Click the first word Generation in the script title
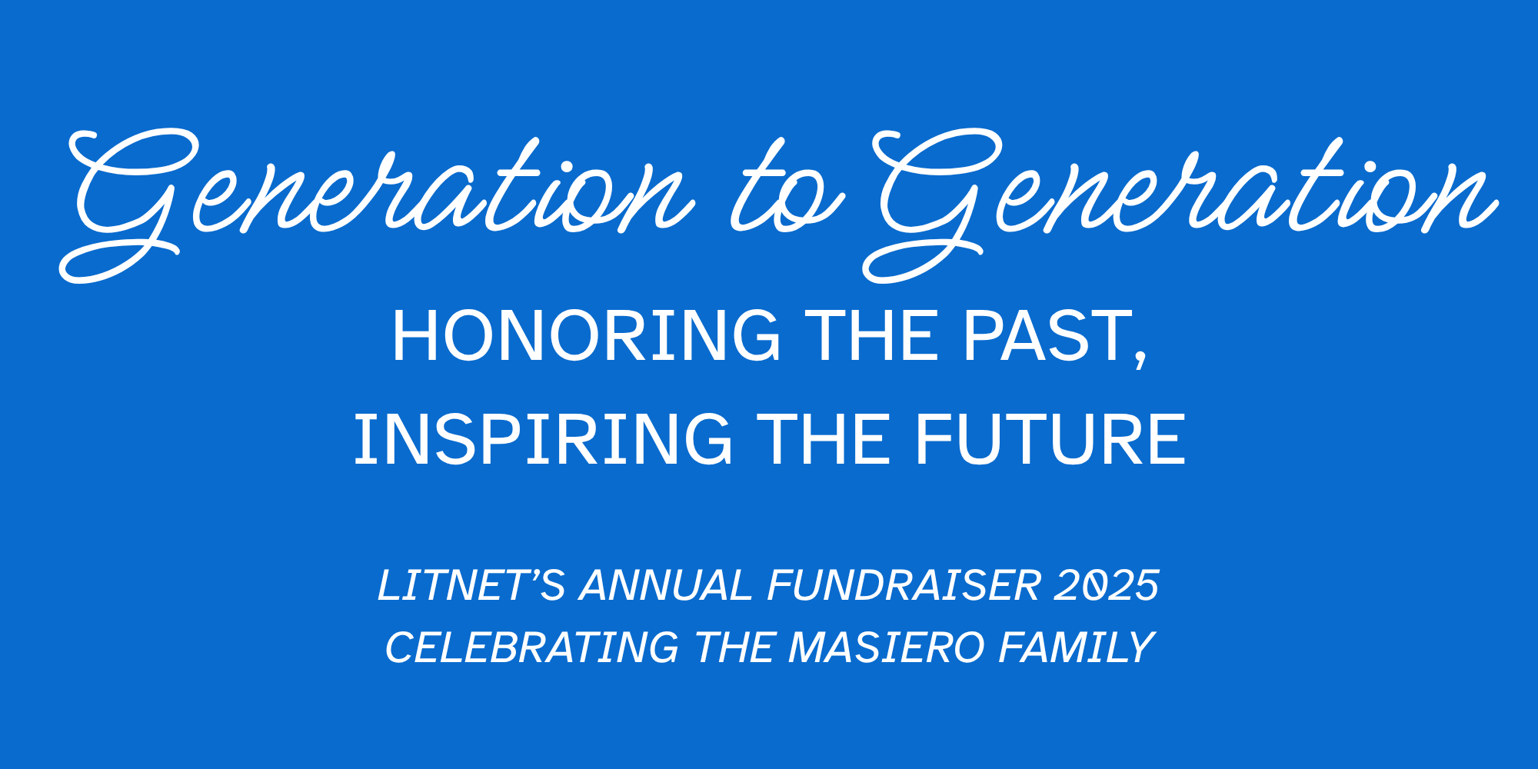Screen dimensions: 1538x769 (377, 204)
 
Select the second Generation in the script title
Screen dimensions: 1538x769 (1180, 204)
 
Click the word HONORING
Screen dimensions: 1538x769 (586, 335)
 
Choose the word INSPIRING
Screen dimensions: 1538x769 (543, 439)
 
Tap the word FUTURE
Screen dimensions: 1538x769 (1050, 439)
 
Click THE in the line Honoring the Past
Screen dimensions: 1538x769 (872, 335)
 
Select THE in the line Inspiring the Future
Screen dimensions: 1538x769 (824, 439)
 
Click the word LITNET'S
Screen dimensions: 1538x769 (471, 585)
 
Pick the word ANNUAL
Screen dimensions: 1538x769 (666, 585)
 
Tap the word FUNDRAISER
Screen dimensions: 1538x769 (904, 585)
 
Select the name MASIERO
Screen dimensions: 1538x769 (887, 647)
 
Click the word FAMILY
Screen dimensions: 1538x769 (1077, 647)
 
